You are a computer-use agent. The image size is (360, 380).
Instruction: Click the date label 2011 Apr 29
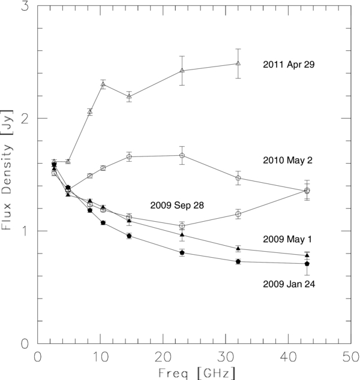coord(289,65)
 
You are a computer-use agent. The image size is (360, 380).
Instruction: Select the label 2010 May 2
coord(288,160)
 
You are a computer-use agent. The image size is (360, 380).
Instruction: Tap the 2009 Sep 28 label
coord(177,205)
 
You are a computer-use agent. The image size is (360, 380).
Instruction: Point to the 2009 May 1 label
coord(287,239)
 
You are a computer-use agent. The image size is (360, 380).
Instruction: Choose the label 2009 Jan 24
coord(289,284)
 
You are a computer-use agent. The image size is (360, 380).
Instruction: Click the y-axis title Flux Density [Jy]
coord(7,170)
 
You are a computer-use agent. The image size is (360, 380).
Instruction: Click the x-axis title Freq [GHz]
coord(197,373)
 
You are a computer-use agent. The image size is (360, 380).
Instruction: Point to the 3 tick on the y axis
coord(25,6)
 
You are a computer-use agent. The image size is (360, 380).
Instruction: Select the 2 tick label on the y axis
coord(25,119)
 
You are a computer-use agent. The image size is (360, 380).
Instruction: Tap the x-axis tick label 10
coord(101,357)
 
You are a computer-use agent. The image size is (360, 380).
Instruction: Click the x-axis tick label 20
coord(163,357)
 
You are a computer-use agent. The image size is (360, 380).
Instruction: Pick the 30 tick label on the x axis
coord(226,357)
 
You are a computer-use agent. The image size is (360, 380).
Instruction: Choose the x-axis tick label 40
coord(289,357)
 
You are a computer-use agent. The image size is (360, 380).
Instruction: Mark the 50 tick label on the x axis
coord(351,357)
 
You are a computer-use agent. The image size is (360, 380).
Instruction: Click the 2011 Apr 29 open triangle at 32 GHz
coord(238,64)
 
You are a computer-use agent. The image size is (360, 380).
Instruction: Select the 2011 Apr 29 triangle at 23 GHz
coord(182,71)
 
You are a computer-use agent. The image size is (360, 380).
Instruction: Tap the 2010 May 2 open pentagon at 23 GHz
coord(182,155)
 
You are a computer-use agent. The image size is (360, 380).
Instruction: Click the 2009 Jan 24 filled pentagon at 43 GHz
coord(307,264)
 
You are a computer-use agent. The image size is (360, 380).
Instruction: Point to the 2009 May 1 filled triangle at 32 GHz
coord(238,248)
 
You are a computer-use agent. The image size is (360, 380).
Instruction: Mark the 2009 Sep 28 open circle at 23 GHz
coord(182,226)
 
